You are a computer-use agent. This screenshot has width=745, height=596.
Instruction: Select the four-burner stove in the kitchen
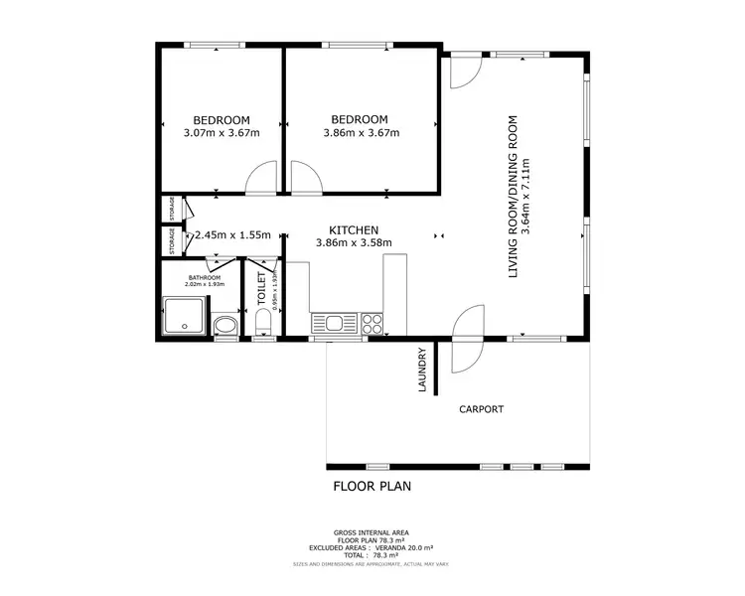pos(373,323)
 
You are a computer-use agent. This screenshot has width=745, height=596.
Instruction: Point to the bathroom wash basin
pos(225,325)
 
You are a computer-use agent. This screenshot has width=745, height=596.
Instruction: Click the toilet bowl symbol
pos(263,324)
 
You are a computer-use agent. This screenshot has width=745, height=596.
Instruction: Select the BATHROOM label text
pos(205,277)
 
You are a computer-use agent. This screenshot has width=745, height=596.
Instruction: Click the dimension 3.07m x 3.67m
pos(221,133)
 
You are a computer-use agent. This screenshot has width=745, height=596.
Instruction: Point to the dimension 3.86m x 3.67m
pos(362,133)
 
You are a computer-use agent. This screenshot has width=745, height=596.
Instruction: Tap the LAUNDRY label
pos(422,370)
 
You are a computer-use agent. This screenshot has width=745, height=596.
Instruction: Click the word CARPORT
pos(481,409)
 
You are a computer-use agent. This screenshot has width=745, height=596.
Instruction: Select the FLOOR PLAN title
pos(372,487)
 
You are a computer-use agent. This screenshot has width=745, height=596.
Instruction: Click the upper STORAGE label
pos(172,209)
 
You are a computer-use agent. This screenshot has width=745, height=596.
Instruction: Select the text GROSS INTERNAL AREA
pos(371,532)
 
